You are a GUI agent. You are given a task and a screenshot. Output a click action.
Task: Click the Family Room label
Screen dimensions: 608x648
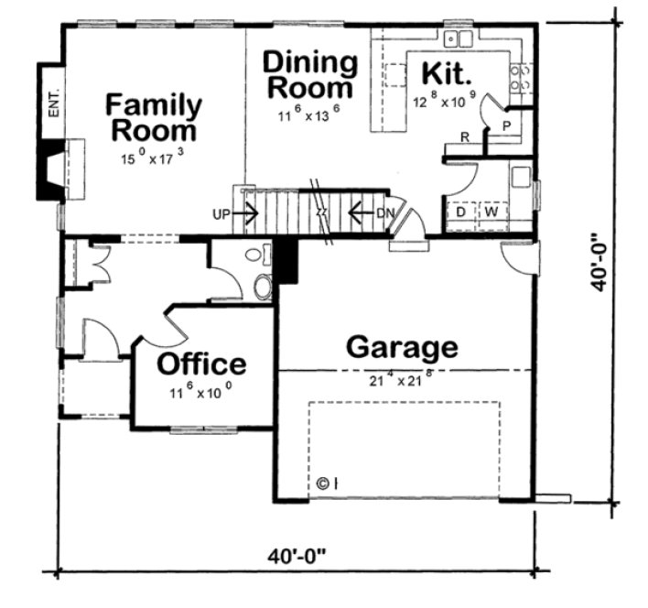153,117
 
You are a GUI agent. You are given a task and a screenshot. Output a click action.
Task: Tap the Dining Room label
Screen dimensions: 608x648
309,76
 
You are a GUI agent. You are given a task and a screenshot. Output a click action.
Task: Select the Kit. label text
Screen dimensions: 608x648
446,73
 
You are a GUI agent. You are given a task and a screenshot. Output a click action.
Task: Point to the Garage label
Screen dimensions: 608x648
401,347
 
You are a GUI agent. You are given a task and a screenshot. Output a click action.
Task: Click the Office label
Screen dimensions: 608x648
201,364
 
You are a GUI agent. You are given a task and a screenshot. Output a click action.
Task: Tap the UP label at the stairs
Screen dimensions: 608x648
220,215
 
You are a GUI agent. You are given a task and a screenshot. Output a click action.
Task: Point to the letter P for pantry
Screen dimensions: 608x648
504,123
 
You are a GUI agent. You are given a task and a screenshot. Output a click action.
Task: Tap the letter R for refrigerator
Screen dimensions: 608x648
465,137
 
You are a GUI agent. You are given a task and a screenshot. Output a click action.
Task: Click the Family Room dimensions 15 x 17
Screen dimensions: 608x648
153,157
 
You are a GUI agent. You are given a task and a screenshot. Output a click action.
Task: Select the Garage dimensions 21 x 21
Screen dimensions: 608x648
401,376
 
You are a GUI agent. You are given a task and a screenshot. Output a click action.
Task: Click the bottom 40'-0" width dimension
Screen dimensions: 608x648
297,556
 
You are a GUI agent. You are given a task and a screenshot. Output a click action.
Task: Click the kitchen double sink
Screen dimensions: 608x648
457,39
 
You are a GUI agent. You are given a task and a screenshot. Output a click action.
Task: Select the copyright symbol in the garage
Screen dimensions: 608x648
323,483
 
